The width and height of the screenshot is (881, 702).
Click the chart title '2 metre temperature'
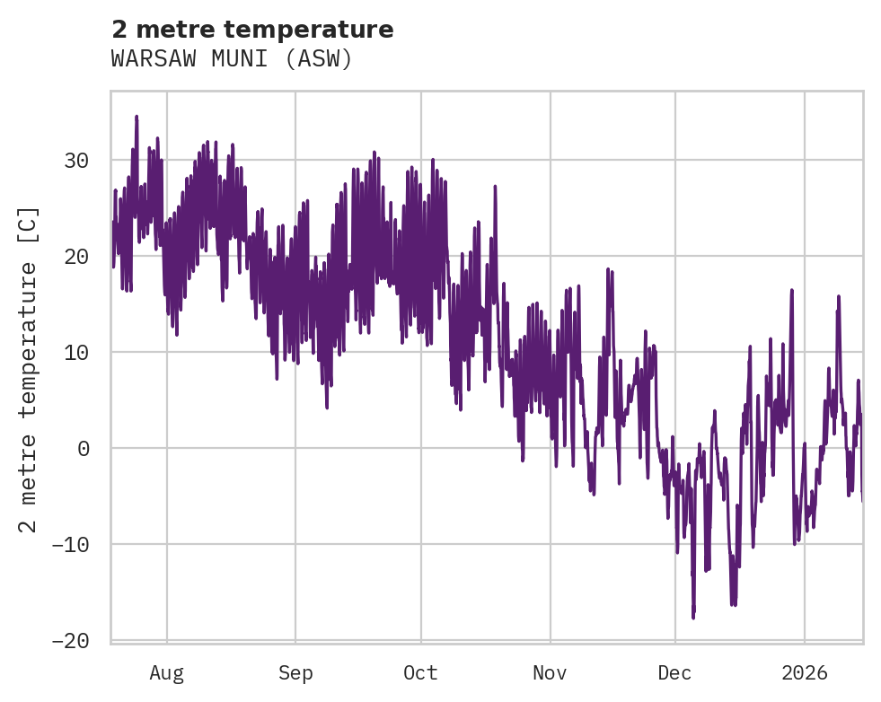pyautogui.click(x=252, y=30)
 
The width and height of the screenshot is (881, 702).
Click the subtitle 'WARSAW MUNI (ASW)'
pyautogui.click(x=232, y=59)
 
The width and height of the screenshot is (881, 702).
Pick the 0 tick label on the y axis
pyautogui.click(x=84, y=448)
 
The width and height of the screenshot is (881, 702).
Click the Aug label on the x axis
pyautogui.click(x=166, y=672)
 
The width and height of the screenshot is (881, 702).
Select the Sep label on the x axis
pyautogui.click(x=295, y=672)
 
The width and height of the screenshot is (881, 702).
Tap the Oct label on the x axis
pyautogui.click(x=420, y=672)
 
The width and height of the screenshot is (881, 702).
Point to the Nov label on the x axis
pyautogui.click(x=550, y=672)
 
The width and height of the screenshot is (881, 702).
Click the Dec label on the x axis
pyautogui.click(x=674, y=672)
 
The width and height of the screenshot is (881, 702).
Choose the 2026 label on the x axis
pyautogui.click(x=805, y=672)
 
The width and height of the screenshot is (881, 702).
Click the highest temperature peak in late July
pyautogui.click(x=137, y=117)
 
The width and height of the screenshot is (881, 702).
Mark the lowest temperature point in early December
pyautogui.click(x=693, y=617)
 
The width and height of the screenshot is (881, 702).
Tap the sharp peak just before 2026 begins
pyautogui.click(x=792, y=290)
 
